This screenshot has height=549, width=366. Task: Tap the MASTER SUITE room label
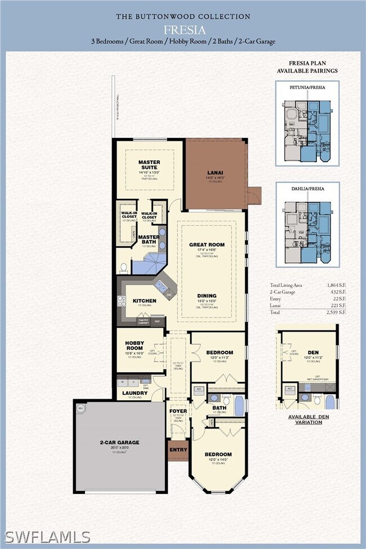pos(149,165)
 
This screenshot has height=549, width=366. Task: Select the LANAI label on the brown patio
pos(216,175)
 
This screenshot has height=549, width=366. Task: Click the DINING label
pos(207,296)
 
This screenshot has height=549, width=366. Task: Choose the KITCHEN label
pos(144,301)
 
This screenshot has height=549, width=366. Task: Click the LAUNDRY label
pos(135,393)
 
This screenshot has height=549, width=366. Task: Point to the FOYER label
pos(178,411)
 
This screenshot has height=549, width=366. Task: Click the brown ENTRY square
pos(178,450)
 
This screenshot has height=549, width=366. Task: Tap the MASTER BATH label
pos(149,239)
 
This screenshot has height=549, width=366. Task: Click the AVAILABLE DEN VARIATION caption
pos(308,419)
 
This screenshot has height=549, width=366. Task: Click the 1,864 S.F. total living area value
pos(336,285)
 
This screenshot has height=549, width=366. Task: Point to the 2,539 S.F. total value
pos(336,311)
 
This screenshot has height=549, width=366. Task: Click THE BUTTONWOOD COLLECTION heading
pos(183,17)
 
